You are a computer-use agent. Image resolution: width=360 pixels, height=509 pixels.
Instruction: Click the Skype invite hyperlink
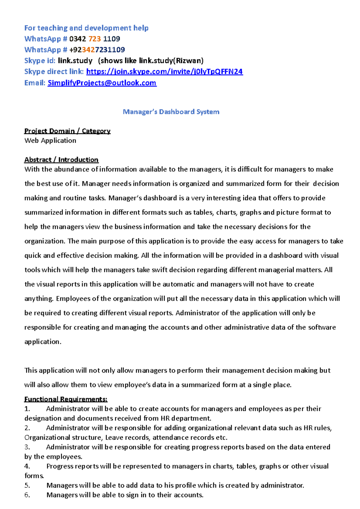[164, 72]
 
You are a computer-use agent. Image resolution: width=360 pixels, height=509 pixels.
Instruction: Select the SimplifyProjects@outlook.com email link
[102, 83]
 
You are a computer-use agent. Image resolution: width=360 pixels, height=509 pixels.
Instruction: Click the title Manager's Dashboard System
[171, 112]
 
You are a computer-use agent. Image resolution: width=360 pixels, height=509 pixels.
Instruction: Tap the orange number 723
[94, 39]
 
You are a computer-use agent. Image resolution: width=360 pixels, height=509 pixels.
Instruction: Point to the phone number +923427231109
[97, 50]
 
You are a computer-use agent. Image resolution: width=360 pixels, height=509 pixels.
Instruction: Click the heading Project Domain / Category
[67, 131]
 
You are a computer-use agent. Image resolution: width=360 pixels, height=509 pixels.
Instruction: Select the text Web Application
[50, 141]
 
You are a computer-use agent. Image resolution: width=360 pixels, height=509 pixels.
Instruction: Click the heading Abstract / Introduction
[61, 160]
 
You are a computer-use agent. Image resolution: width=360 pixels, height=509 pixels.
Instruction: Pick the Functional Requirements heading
[66, 399]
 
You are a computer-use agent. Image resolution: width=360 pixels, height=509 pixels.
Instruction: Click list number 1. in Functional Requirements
[27, 409]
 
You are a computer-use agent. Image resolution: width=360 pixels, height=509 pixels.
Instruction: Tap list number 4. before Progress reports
[27, 466]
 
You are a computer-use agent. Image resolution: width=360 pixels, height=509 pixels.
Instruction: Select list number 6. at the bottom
[27, 495]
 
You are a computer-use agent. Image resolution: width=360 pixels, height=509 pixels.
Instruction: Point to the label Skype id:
[40, 61]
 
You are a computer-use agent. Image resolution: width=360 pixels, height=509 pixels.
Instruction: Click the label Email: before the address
[35, 83]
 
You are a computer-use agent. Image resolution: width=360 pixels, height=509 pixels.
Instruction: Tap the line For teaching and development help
[86, 28]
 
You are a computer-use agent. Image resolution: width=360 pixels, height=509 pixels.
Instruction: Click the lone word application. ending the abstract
[43, 342]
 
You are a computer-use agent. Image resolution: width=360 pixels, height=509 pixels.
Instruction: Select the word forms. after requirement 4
[34, 476]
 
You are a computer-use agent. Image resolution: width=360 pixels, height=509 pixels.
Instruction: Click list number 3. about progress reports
[27, 447]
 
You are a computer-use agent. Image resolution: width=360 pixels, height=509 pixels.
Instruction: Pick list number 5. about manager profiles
[27, 486]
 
